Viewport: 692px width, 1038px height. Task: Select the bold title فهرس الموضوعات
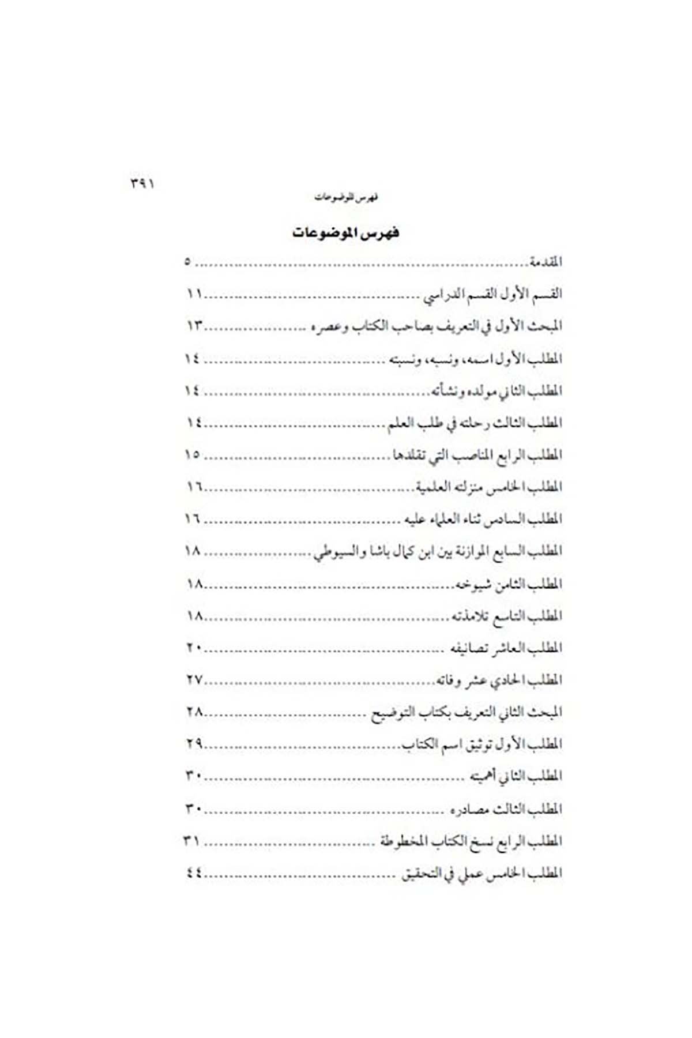click(345, 233)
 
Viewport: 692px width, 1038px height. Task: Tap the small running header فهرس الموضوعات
click(346, 198)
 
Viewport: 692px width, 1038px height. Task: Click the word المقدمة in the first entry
click(545, 262)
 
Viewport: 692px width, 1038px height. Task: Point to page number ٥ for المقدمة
click(187, 262)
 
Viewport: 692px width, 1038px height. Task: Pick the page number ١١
click(193, 294)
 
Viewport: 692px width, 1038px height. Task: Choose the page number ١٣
click(194, 326)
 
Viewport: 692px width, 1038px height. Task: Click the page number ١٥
click(193, 454)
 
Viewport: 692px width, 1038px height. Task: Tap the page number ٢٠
click(193, 648)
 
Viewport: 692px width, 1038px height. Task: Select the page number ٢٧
click(194, 680)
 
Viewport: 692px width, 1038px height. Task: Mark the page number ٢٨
click(194, 712)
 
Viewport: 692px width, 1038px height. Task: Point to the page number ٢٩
click(194, 744)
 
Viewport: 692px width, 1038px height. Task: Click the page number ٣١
click(192, 841)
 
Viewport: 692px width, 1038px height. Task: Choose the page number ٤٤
click(193, 873)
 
